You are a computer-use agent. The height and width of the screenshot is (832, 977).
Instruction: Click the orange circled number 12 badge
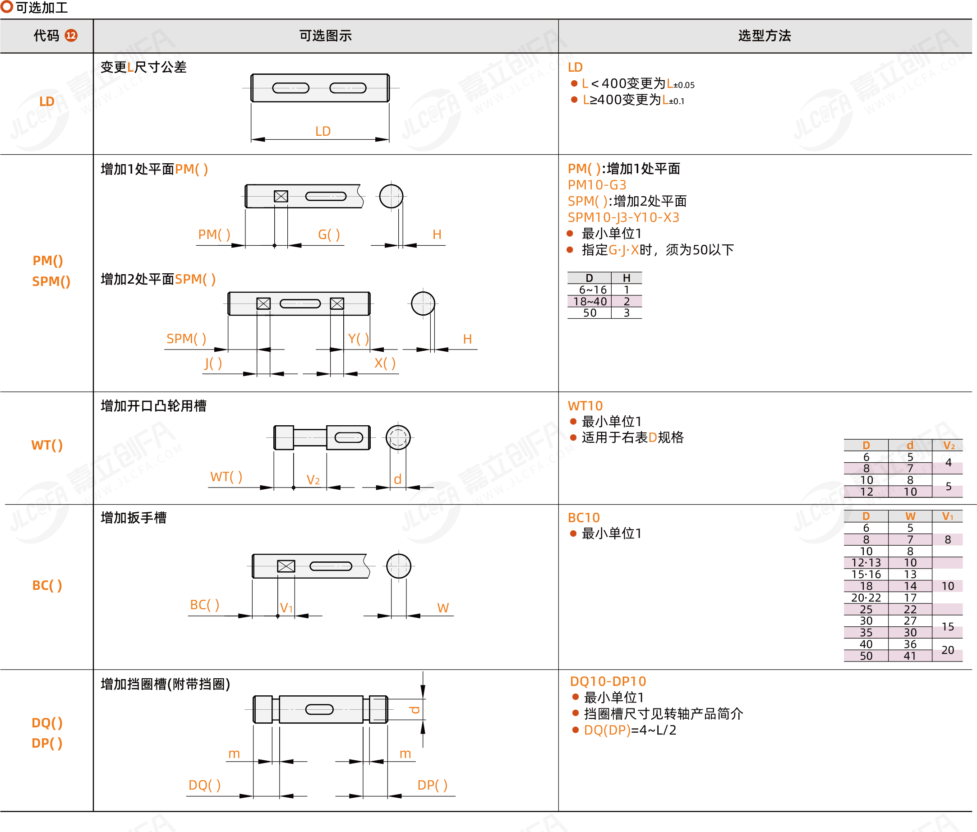point(71,35)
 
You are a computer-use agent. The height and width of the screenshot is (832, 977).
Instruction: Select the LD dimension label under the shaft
point(323,131)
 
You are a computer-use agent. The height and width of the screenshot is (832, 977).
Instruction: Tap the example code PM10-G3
point(597,185)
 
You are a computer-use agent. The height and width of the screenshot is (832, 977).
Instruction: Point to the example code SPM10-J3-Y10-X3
point(623,217)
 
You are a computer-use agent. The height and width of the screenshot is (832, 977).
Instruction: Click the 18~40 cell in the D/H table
point(590,301)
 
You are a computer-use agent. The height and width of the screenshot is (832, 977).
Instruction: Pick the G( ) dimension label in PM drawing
point(329,234)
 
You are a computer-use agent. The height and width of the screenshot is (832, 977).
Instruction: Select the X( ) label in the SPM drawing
point(385,363)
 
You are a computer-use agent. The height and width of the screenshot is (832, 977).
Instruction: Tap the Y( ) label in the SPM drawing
point(358,339)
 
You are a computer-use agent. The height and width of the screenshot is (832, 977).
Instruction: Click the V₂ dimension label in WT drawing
point(313,480)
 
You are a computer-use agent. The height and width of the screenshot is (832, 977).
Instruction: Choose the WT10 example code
point(585,406)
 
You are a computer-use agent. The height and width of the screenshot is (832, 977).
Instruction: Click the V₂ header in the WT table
point(949,446)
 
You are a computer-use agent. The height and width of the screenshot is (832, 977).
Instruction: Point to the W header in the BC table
point(910,516)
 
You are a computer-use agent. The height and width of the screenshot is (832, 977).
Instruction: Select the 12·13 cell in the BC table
point(866,562)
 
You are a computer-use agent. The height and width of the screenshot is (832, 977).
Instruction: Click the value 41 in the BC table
point(910,656)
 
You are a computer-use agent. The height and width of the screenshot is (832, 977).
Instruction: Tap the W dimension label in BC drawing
point(443,607)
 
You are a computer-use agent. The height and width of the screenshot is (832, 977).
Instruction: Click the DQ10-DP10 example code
point(608,681)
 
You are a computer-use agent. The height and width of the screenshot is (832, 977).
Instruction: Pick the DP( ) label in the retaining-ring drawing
point(432,785)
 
